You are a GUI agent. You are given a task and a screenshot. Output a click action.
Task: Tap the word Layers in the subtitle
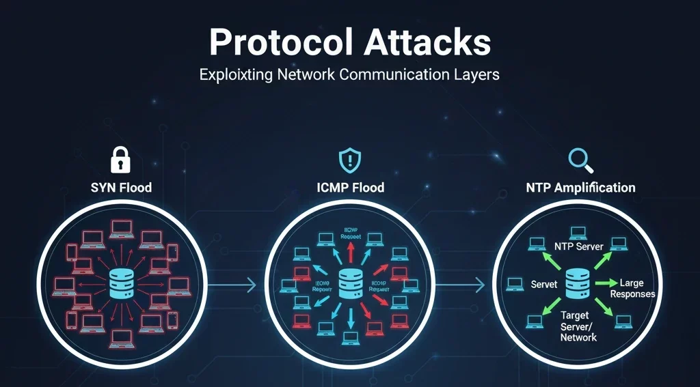click(x=476, y=74)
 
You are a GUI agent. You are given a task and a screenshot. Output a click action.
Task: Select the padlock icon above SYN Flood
click(x=121, y=160)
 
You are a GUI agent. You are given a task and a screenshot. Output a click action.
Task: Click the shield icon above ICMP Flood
click(x=349, y=160)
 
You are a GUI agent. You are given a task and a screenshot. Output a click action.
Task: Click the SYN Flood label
click(x=122, y=187)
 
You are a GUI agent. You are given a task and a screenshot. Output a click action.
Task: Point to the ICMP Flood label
click(x=349, y=187)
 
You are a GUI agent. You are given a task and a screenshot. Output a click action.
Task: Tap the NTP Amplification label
click(x=580, y=187)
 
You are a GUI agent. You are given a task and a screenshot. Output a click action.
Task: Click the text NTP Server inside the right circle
click(x=578, y=246)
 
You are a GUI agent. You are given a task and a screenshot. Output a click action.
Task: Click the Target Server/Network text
click(x=578, y=326)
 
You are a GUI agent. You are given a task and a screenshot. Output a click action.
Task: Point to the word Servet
click(x=544, y=284)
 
